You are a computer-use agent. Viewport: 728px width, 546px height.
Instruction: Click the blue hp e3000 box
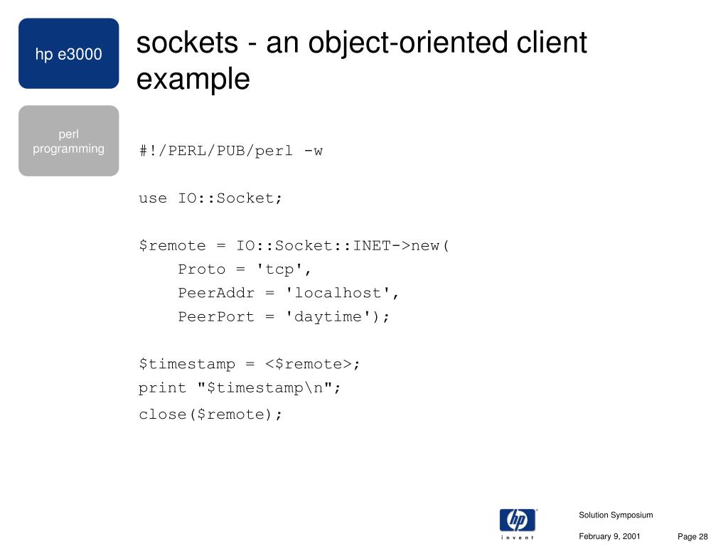click(68, 54)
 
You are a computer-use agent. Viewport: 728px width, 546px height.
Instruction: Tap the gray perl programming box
click(68, 141)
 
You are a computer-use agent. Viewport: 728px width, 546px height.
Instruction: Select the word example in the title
click(193, 79)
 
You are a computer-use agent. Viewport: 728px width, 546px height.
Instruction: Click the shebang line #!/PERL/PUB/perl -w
click(231, 151)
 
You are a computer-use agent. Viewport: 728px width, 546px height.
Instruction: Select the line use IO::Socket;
click(210, 198)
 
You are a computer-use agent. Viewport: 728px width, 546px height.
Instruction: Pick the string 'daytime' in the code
click(328, 317)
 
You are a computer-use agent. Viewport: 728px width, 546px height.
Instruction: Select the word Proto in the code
click(202, 269)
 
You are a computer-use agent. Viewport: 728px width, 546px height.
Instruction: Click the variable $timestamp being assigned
click(186, 365)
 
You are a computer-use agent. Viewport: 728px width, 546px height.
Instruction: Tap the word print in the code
click(158, 388)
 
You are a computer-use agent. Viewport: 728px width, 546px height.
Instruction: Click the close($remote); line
click(210, 414)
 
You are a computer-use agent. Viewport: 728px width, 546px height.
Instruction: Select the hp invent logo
click(518, 523)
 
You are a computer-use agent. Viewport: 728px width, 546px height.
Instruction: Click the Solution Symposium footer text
click(616, 515)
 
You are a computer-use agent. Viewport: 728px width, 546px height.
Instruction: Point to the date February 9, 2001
click(609, 537)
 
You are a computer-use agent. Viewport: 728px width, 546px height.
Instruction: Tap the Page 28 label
click(693, 537)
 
